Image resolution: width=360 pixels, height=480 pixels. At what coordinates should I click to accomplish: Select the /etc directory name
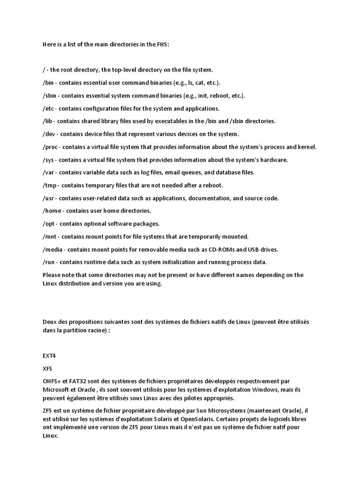(x=48, y=108)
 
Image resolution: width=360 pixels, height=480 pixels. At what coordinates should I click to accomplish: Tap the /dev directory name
(x=49, y=134)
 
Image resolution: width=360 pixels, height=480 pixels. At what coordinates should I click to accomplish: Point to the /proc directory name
(x=51, y=147)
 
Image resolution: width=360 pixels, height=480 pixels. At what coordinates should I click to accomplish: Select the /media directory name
(x=53, y=249)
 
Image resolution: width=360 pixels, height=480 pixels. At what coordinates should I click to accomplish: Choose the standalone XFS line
(x=47, y=369)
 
